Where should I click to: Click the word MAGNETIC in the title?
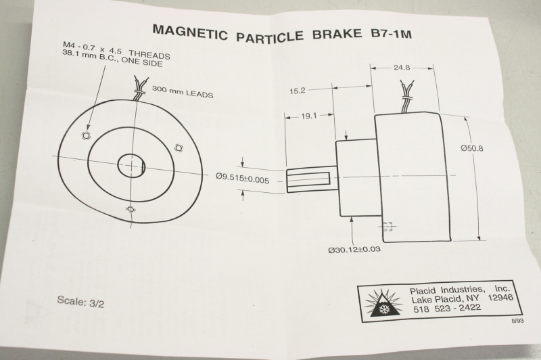pos(190,31)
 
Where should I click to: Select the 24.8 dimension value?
pos(402,67)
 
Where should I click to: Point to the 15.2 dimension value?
pos(298,91)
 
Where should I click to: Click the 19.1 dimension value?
pos(308,116)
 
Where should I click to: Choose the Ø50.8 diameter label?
pos(472,148)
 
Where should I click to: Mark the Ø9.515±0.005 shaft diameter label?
pos(242,178)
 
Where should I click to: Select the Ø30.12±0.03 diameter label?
pos(354,249)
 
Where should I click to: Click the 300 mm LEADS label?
pos(183,92)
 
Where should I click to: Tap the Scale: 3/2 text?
pos(80,302)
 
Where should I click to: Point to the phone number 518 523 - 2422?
pos(447,308)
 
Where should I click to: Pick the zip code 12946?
pos(500,298)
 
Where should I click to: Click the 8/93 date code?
pos(518,321)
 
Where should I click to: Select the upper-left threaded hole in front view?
pos(87,135)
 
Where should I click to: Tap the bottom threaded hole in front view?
pos(131,209)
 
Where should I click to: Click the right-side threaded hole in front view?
pos(179,148)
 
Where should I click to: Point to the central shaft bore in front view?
pos(131,166)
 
